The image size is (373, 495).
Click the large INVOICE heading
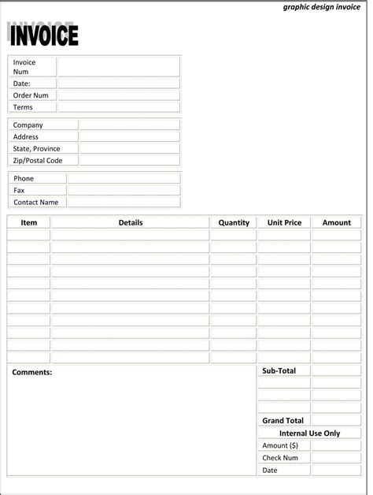[x=44, y=35]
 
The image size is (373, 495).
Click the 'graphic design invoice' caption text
[x=321, y=7]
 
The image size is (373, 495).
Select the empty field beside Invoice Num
[x=118, y=67]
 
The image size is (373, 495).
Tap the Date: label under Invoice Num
[x=22, y=84]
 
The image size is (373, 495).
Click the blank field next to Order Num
[x=118, y=95]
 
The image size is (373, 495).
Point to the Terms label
[x=23, y=107]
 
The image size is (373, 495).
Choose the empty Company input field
[x=129, y=125]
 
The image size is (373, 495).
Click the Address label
[x=26, y=136]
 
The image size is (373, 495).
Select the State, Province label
[x=36, y=148]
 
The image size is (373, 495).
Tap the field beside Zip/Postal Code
[x=129, y=160]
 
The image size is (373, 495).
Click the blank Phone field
[x=124, y=178]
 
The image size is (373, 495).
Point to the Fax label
[x=19, y=190]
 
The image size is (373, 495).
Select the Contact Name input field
[x=124, y=202]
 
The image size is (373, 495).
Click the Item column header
[x=29, y=223]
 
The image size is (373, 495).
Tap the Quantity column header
[x=234, y=223]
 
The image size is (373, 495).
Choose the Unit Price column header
[x=284, y=223]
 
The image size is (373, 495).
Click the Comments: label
[x=32, y=372]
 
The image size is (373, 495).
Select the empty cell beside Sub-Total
[x=336, y=370]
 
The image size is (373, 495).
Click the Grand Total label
[x=283, y=421]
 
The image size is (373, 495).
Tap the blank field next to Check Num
[x=336, y=458]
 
